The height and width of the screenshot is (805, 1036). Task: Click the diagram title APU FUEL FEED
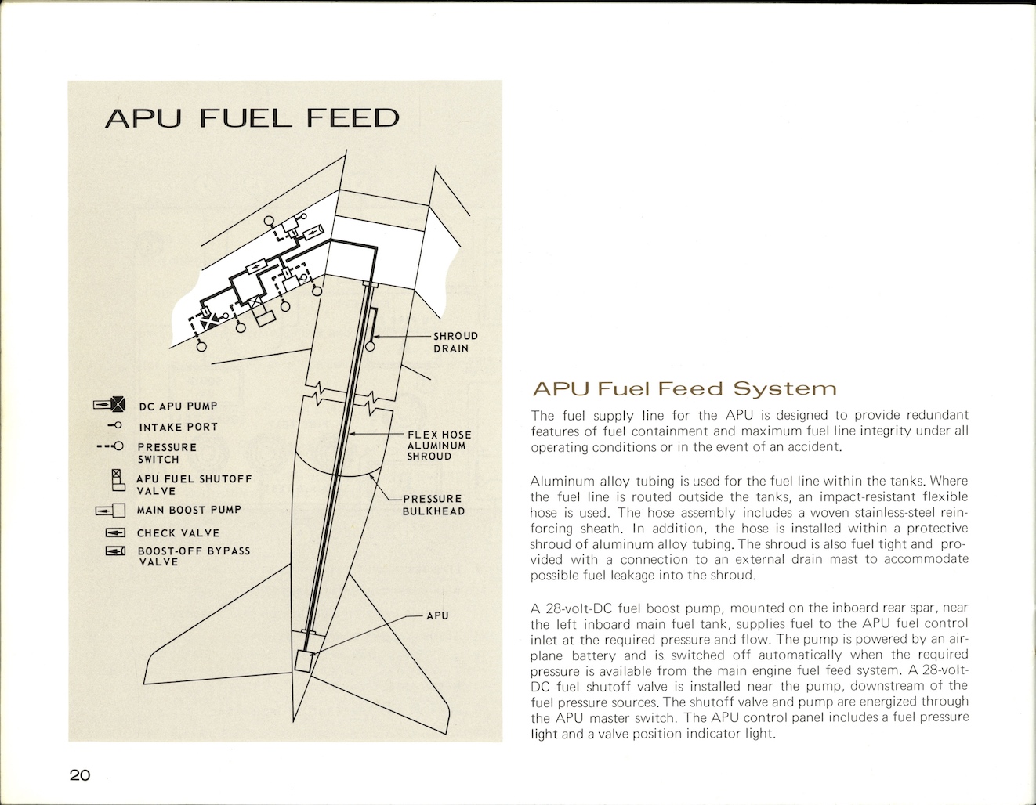click(252, 119)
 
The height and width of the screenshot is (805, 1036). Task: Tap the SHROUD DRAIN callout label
click(455, 342)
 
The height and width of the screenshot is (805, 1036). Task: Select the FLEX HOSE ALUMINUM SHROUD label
click(439, 446)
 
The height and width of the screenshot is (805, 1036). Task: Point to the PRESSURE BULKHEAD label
click(433, 505)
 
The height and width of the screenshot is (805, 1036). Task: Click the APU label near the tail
click(437, 615)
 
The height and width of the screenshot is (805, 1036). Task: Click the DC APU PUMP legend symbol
click(109, 405)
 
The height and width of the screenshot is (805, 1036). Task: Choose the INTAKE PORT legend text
click(178, 427)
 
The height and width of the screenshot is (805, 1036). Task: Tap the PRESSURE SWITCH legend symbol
click(110, 446)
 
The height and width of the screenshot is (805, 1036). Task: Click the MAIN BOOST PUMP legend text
click(189, 510)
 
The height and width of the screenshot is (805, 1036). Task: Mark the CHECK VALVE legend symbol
click(115, 533)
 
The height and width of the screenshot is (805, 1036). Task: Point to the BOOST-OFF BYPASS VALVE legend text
click(194, 556)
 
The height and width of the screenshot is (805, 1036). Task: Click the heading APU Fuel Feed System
click(683, 389)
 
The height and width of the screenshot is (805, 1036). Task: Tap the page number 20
click(79, 775)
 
